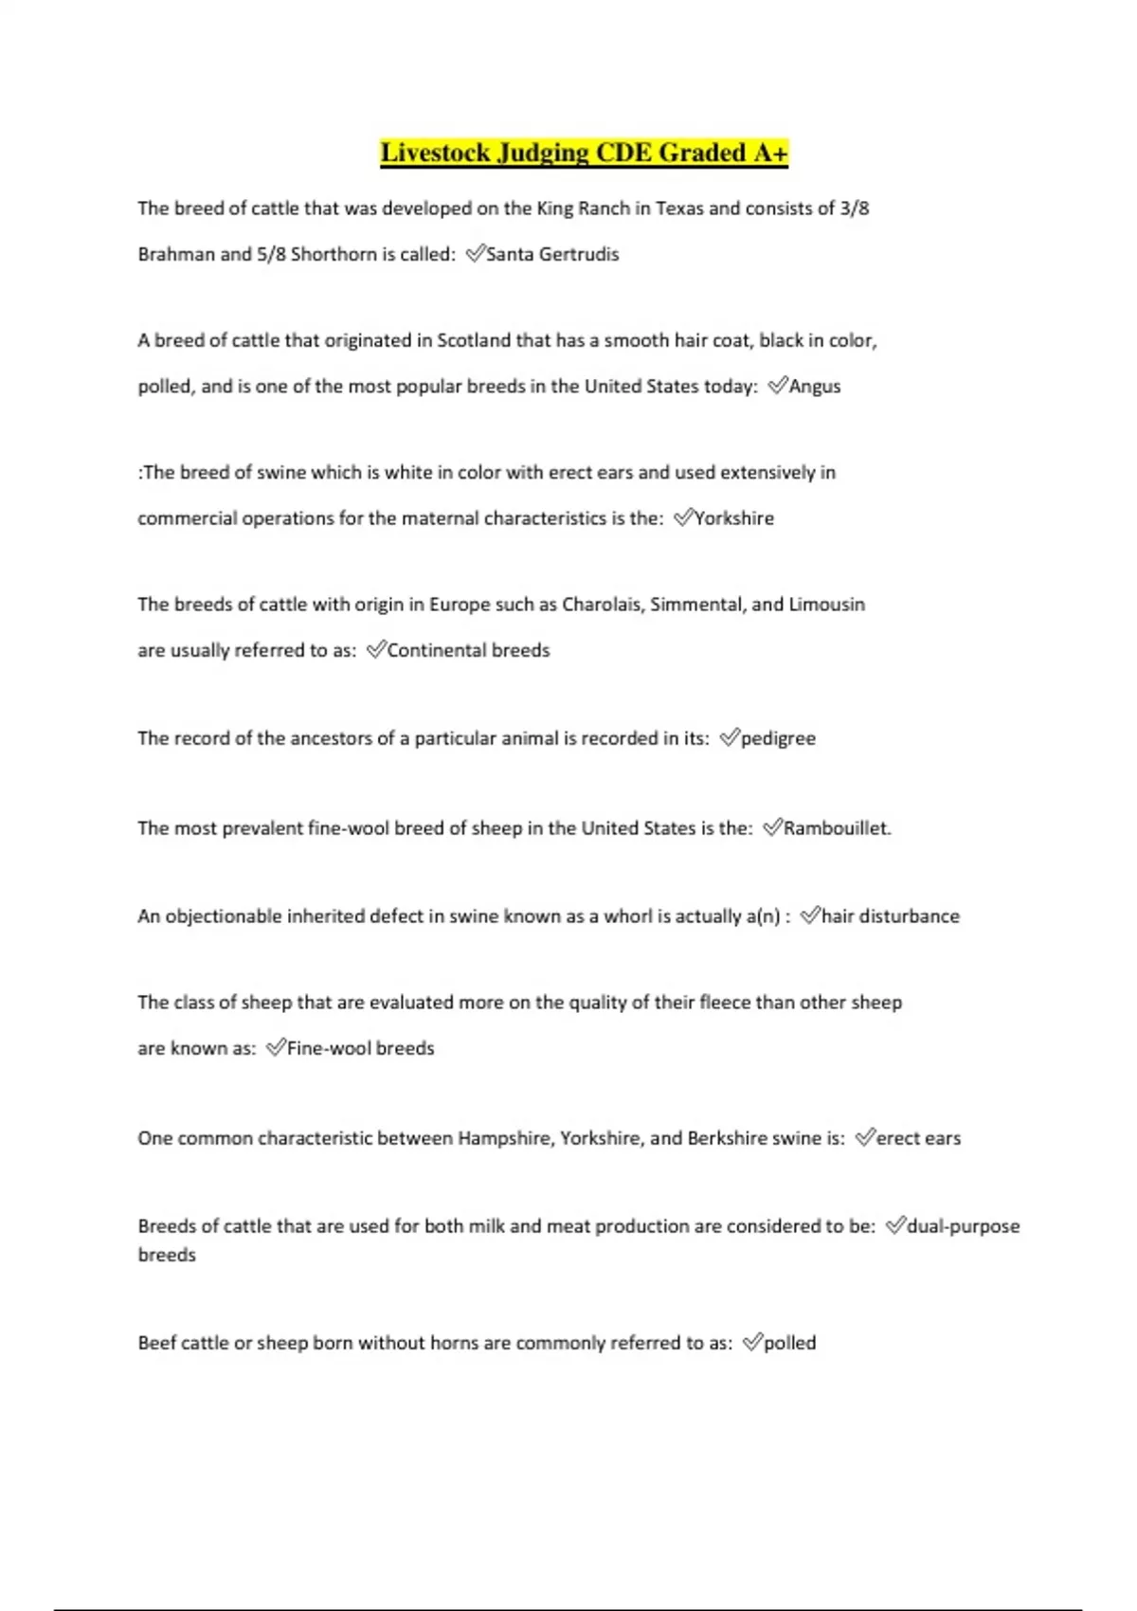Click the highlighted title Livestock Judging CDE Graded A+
(584, 153)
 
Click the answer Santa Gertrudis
(552, 254)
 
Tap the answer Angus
(815, 386)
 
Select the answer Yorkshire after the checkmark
(734, 517)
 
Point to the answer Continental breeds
(468, 650)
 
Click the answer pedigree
(778, 738)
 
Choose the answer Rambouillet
(837, 828)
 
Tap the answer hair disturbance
(891, 916)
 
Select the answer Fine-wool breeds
(360, 1048)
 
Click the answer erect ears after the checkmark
(918, 1138)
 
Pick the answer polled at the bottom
(789, 1343)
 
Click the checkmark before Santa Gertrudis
(475, 253)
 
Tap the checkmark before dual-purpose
(895, 1225)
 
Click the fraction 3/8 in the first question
(855, 208)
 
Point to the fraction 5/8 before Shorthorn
(271, 254)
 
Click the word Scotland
(473, 340)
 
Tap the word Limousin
(826, 605)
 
